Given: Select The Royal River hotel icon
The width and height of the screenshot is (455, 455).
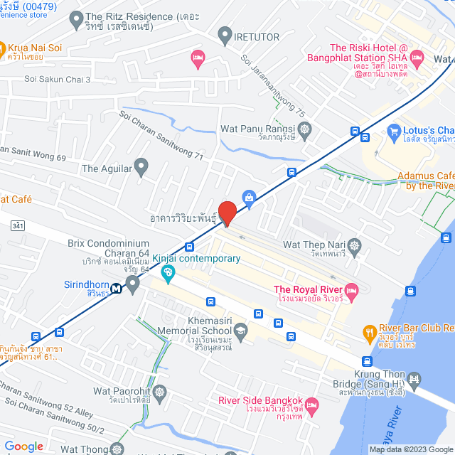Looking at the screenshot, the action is point(350,289).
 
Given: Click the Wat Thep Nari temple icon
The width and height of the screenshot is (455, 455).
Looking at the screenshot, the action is point(355,245).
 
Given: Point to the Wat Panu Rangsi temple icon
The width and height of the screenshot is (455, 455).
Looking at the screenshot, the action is point(306,129).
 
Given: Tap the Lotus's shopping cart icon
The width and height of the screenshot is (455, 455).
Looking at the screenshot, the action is point(395,131).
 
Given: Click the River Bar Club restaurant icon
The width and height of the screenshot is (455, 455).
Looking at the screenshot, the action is point(370,331).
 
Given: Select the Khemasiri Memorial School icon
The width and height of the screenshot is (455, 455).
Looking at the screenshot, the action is point(241,331).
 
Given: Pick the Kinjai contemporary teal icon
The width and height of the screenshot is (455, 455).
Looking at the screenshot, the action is point(168,272).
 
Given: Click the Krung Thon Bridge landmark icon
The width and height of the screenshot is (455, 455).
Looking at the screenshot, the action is point(416,381).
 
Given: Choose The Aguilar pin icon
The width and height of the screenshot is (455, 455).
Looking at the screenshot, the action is point(141,168).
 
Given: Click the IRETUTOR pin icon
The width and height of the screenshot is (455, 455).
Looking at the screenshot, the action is point(225,33).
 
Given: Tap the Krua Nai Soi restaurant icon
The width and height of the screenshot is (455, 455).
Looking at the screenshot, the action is point(2,49).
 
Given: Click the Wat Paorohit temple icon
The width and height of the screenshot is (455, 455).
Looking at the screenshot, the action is point(159,392).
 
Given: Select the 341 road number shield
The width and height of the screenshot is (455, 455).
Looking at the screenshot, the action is point(18,225).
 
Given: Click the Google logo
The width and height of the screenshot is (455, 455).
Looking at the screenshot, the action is point(23,446).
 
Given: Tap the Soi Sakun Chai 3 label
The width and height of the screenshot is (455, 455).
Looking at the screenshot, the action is point(58,80).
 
